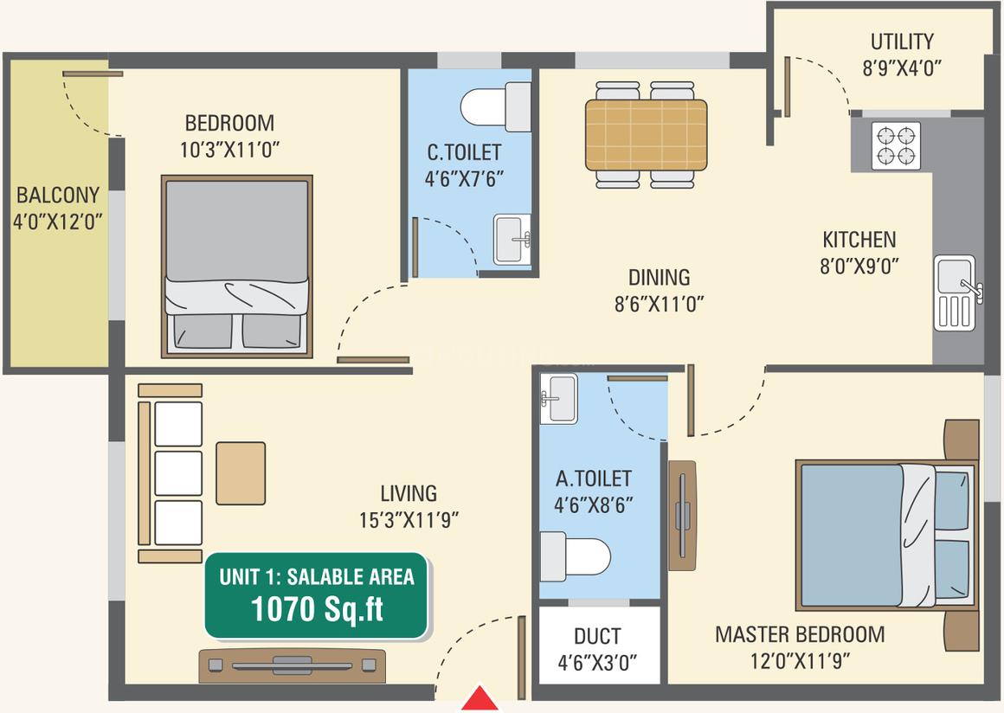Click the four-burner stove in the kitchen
point(896,146)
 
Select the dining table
point(646,134)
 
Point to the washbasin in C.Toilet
point(512,240)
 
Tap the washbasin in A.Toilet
point(559,399)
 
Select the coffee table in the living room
point(241,473)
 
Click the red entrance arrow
point(479,698)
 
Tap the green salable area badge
point(316,595)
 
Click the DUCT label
point(596,636)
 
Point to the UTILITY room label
point(902,42)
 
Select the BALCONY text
point(58,195)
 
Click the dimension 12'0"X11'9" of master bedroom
point(800,660)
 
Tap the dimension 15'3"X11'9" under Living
point(409,520)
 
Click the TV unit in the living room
point(292,665)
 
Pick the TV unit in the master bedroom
point(683,515)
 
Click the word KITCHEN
point(859,240)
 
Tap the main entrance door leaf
point(522,658)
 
